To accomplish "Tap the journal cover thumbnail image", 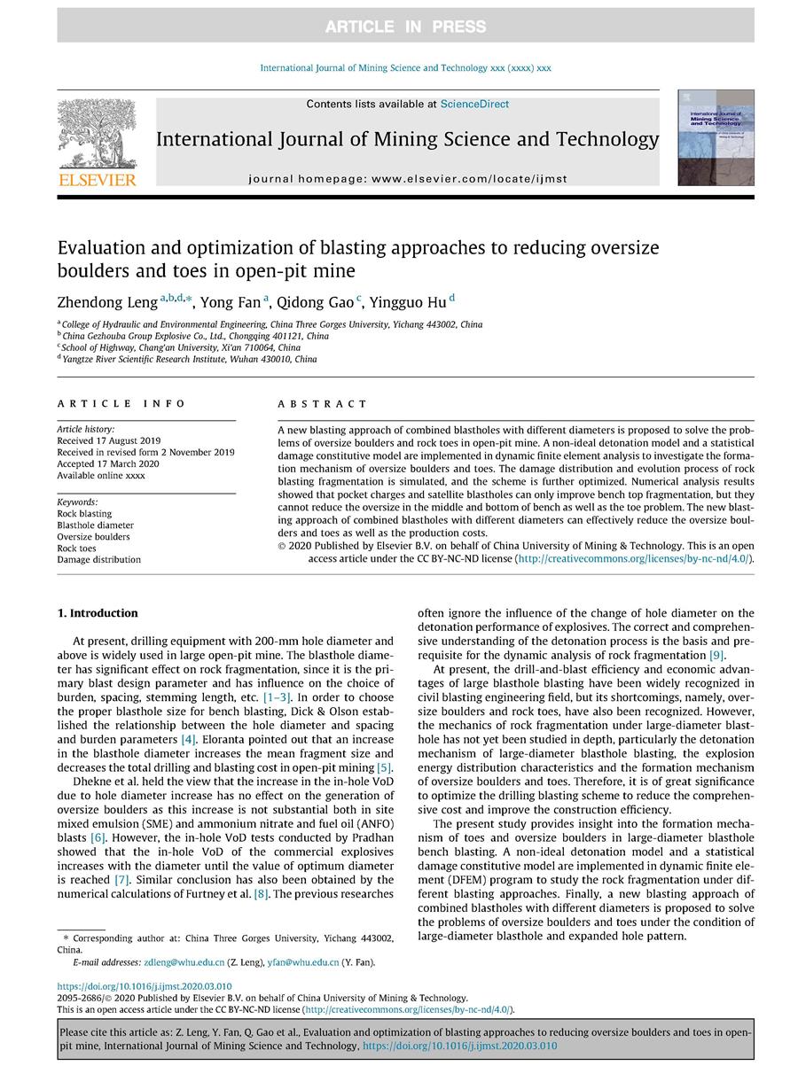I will (x=716, y=136).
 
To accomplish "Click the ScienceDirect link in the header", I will (x=474, y=104).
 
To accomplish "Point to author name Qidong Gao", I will (x=316, y=303).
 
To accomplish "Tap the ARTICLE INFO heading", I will (x=121, y=404).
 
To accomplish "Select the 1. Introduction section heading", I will (x=98, y=613).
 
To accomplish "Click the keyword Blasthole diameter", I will (x=97, y=525).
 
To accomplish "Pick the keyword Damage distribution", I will (x=98, y=560).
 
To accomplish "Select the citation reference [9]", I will (x=716, y=655).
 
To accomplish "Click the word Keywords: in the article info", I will (x=77, y=502).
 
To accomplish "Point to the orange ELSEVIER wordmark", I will (x=97, y=180).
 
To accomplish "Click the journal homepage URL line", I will (x=407, y=179).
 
